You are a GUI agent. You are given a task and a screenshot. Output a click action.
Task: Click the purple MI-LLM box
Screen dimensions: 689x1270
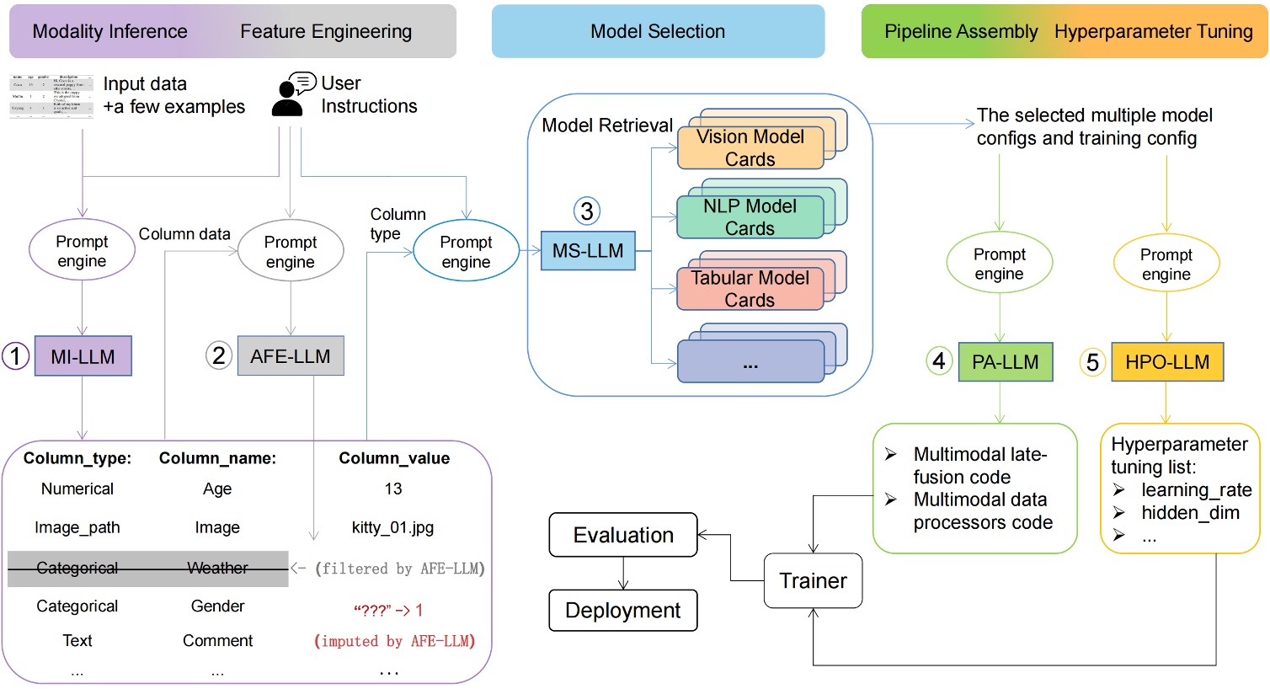[x=83, y=356]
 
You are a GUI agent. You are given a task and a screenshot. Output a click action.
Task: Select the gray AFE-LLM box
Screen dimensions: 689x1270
[x=291, y=356]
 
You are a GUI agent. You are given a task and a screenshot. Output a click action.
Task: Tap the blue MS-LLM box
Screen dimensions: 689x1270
[x=588, y=251]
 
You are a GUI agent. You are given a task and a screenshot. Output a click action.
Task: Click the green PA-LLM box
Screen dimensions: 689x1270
[x=1005, y=362]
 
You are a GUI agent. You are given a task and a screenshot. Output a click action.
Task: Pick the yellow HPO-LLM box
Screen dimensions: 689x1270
[x=1166, y=362]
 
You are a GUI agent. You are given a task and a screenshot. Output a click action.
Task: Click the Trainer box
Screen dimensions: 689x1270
[x=813, y=581]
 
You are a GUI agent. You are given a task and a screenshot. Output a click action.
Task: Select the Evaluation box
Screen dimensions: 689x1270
[x=623, y=535]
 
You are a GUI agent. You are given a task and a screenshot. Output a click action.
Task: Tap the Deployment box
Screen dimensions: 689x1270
[x=623, y=611]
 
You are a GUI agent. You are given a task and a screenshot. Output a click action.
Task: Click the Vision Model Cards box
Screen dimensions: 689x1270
[x=750, y=148]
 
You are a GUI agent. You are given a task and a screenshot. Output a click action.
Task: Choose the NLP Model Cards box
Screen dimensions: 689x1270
[x=750, y=217]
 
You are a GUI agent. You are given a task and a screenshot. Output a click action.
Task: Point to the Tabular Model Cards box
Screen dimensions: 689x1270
[x=750, y=289]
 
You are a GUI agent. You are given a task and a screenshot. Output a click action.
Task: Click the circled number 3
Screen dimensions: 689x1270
[x=587, y=211]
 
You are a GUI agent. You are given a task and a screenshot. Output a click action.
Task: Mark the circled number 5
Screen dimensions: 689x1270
[x=1092, y=362]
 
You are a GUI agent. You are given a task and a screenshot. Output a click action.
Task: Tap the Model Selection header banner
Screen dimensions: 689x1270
[x=658, y=31]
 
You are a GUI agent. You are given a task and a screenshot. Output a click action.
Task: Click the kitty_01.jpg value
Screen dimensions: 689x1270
[x=392, y=528]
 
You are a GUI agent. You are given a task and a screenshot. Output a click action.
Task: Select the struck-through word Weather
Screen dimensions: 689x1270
[x=217, y=569]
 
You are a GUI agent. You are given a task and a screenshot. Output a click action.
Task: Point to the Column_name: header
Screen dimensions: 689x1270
[x=217, y=458]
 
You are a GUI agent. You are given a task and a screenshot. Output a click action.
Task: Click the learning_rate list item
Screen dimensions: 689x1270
[x=1196, y=490]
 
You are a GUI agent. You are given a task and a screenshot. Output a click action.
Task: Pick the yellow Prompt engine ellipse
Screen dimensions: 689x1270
[x=1166, y=264]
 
